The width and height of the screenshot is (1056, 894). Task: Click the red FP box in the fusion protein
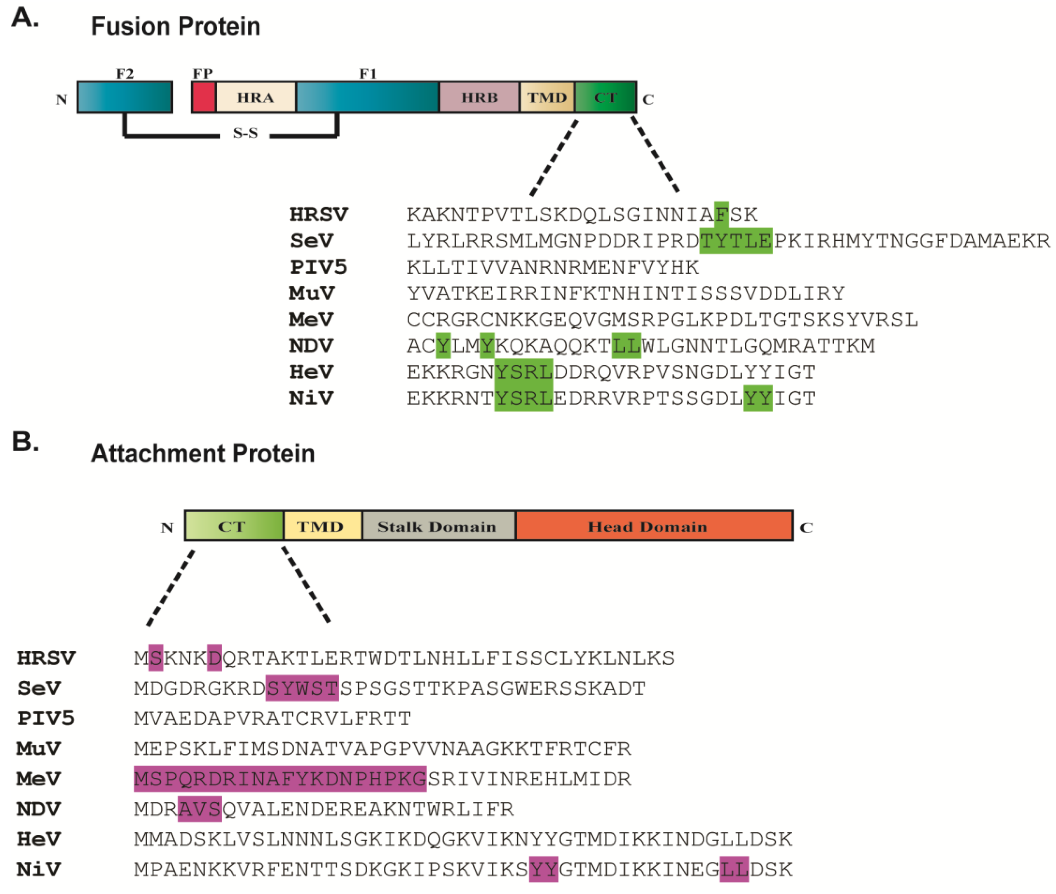tap(204, 97)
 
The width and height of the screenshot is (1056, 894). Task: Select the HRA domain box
tap(256, 97)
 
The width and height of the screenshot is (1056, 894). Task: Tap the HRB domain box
tap(479, 97)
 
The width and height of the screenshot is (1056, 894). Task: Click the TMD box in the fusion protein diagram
tap(547, 97)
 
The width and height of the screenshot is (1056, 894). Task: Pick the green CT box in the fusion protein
tap(605, 97)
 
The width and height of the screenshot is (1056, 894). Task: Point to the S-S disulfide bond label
tap(245, 133)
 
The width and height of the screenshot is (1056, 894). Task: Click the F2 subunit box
tap(125, 97)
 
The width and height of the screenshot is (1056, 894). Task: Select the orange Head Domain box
tap(653, 526)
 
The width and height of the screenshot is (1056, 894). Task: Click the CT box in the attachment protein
tap(233, 526)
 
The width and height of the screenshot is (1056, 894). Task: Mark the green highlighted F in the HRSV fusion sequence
tap(721, 214)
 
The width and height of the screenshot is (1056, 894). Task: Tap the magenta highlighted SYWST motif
tap(302, 688)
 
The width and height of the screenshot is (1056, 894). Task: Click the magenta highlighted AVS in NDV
tap(199, 809)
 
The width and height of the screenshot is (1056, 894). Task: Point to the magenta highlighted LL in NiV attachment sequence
tap(733, 870)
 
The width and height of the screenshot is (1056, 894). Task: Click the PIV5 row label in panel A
tap(318, 267)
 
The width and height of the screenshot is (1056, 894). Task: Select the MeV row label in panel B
tap(39, 779)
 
